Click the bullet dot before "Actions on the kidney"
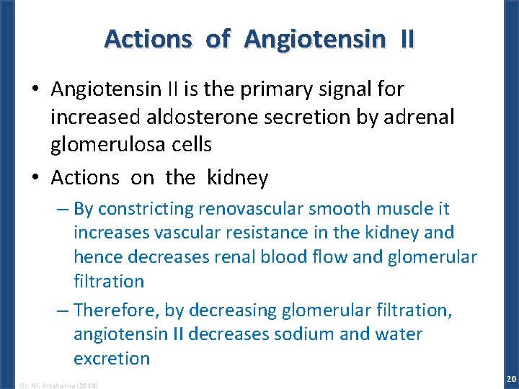click(35, 177)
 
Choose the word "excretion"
click(111, 358)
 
